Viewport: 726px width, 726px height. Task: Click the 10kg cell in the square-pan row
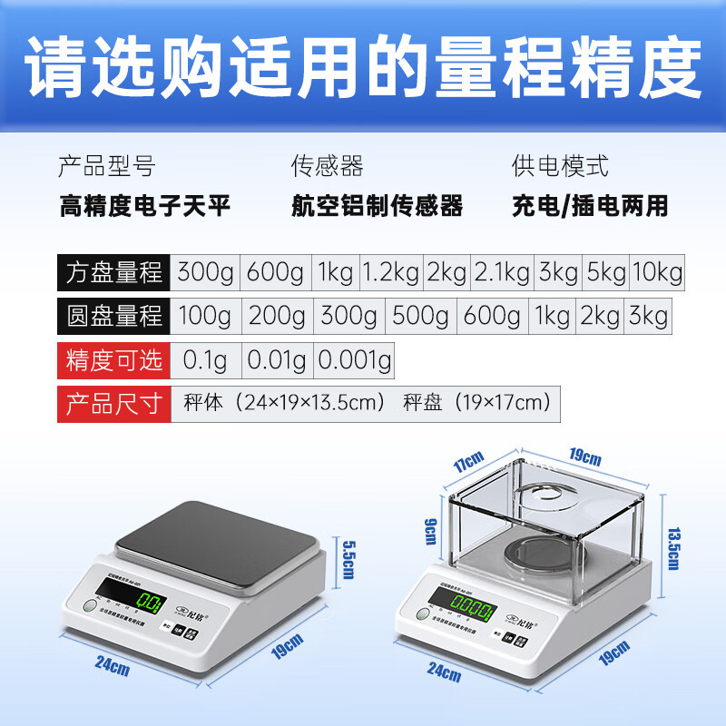pos(657,272)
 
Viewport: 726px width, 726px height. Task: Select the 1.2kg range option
pos(391,272)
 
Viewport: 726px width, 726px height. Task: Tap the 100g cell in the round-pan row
pos(205,316)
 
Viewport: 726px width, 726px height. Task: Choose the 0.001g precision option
pos(354,360)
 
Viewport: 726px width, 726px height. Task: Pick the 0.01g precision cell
pos(279,360)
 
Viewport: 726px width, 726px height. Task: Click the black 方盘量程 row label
pos(114,272)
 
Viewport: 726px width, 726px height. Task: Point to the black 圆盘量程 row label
pos(114,316)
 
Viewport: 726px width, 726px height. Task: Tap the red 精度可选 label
pos(114,360)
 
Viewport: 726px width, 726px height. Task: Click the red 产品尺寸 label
pos(114,403)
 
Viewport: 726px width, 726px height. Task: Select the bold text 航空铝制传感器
pos(377,206)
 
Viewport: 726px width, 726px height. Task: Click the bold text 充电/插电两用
pos(590,206)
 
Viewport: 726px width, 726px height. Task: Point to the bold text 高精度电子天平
pos(145,206)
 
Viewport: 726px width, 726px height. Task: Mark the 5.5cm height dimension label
pos(344,554)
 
